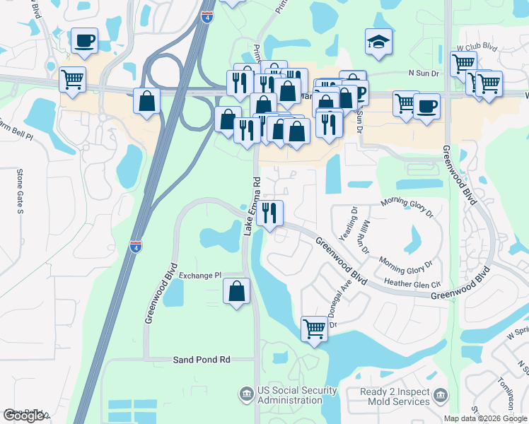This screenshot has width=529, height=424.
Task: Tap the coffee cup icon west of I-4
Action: coord(84,40)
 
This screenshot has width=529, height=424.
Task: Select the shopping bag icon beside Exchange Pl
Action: coord(237,290)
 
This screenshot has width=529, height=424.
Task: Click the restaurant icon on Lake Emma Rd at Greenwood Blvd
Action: coord(269,213)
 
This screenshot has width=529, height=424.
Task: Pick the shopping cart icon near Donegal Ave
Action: coord(314,328)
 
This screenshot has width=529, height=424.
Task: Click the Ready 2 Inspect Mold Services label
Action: coord(395,396)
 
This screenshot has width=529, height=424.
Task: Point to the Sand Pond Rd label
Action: coord(202,360)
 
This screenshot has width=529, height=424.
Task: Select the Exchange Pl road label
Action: coord(200,275)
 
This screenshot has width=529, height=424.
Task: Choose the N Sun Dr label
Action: coord(424,73)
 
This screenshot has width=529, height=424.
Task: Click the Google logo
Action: coord(24,416)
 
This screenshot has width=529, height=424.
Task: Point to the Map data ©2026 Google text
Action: coord(484,418)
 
